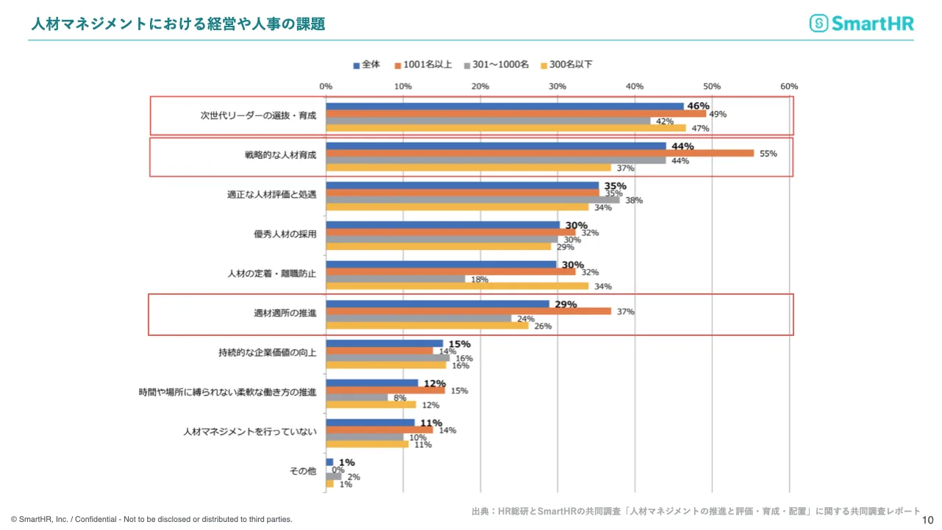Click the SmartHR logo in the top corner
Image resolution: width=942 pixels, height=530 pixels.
click(861, 24)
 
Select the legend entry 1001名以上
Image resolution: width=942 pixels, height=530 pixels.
click(423, 65)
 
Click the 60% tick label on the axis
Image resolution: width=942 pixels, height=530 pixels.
click(789, 87)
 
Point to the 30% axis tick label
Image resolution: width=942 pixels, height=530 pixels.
click(557, 87)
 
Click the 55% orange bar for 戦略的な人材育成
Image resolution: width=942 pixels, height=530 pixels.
click(540, 153)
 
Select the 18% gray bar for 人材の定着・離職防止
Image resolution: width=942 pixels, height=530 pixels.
click(396, 279)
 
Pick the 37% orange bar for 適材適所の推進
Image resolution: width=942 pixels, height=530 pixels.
click(468, 311)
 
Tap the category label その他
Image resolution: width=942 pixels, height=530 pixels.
click(303, 471)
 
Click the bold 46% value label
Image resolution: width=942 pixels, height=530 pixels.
click(698, 106)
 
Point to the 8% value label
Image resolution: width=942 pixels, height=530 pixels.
click(400, 398)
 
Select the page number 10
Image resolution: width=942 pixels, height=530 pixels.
click(927, 519)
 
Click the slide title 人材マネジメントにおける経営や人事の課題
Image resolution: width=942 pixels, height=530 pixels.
click(178, 24)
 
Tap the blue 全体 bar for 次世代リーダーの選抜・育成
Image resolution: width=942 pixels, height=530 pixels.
click(504, 107)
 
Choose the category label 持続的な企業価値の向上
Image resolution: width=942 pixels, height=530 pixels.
click(267, 353)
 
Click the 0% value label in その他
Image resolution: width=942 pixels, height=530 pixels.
click(338, 470)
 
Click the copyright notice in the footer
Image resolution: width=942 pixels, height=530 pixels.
click(151, 519)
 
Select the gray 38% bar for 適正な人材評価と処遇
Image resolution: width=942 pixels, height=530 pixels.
click(473, 199)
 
